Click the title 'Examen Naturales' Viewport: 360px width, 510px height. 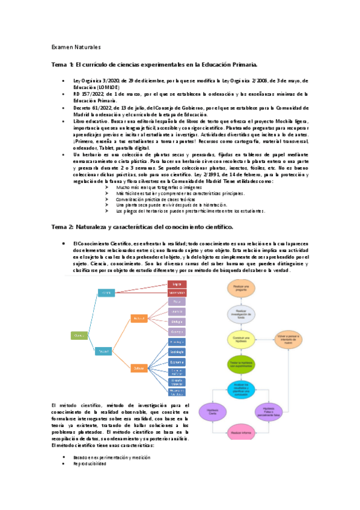tap(75, 47)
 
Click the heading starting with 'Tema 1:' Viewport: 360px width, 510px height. tap(155, 64)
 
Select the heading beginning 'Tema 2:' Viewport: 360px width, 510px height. tap(142, 226)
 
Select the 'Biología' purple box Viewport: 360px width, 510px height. tap(176, 321)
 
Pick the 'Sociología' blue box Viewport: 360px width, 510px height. tap(176, 351)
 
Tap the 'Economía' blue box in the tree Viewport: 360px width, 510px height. tap(176, 362)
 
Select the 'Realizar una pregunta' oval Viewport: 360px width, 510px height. tap(242, 290)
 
